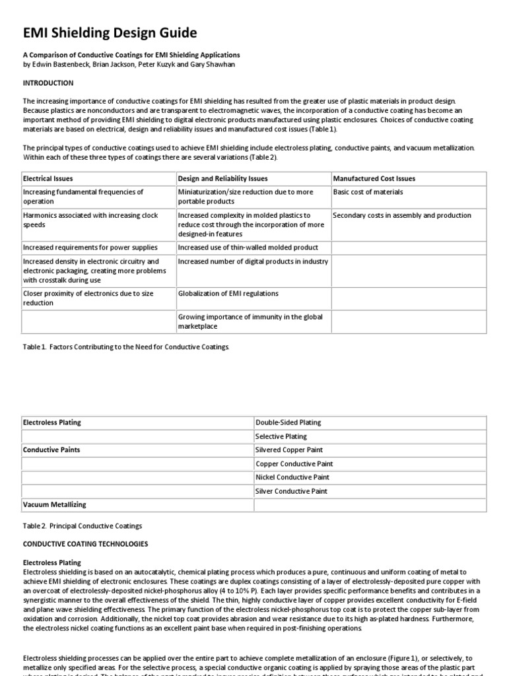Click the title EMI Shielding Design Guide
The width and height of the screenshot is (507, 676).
[110, 33]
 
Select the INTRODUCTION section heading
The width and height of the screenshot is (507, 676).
[48, 83]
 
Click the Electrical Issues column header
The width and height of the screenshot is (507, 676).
[48, 178]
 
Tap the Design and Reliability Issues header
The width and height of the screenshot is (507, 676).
[223, 178]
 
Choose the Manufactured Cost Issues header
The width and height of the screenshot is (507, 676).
[374, 178]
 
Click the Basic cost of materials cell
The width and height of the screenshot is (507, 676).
[368, 192]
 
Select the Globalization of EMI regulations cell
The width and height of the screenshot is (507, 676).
[228, 293]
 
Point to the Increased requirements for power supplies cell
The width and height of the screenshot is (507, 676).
[90, 248]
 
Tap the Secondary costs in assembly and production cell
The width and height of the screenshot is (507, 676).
[402, 215]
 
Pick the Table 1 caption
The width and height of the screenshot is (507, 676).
[126, 347]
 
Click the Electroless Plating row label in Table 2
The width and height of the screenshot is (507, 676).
[52, 422]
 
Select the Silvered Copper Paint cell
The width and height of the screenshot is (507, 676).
[288, 450]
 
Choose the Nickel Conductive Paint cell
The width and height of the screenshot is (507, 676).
[292, 477]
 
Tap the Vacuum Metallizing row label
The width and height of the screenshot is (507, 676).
[55, 505]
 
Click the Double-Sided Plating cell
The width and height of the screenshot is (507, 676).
[288, 422]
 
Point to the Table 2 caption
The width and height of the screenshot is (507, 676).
[83, 525]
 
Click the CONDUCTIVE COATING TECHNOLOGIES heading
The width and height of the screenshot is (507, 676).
[86, 544]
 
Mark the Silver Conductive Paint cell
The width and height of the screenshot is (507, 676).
[291, 491]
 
